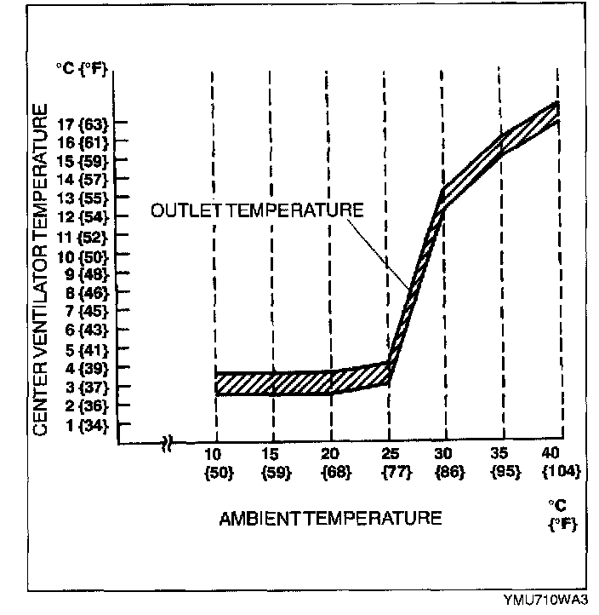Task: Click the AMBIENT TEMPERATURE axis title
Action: tap(331, 518)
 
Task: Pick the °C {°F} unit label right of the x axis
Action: tap(558, 514)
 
